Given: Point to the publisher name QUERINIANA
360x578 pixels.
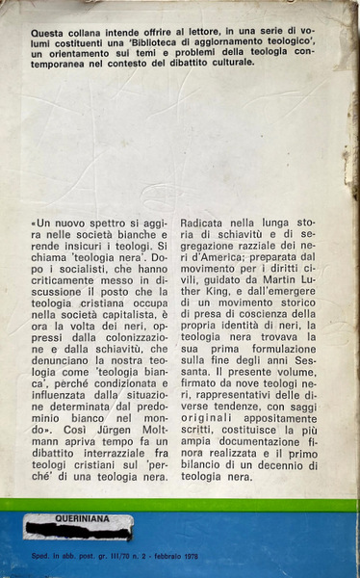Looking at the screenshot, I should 92,514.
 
